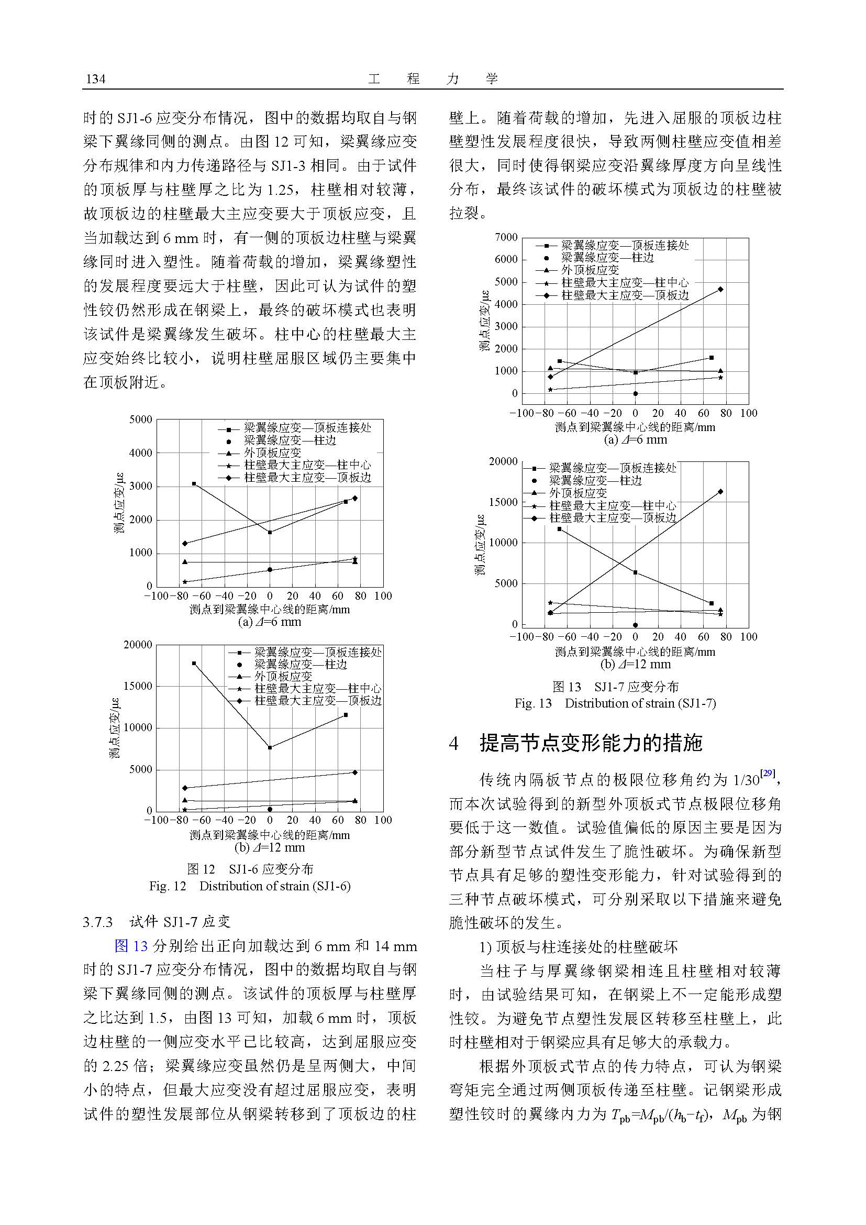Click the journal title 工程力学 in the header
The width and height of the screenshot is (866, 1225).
click(432, 79)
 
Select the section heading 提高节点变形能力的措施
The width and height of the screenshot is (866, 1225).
click(591, 743)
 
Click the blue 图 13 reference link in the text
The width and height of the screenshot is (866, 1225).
click(131, 946)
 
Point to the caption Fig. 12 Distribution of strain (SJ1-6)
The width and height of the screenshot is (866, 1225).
click(250, 886)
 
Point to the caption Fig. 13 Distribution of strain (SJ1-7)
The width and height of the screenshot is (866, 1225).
click(615, 703)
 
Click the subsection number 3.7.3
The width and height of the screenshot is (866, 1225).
click(98, 922)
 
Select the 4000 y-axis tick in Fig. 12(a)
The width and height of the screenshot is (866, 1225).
click(141, 453)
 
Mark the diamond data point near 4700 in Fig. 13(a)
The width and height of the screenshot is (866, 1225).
click(720, 289)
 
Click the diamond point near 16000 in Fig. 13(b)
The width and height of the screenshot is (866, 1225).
click(720, 491)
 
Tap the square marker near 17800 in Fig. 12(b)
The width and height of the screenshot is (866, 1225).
click(194, 663)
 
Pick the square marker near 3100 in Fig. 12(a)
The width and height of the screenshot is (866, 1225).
click(194, 483)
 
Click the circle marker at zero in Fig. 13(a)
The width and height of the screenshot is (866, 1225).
click(635, 394)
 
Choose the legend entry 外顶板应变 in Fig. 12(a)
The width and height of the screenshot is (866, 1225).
click(272, 453)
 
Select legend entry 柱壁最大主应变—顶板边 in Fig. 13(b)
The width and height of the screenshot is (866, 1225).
click(612, 517)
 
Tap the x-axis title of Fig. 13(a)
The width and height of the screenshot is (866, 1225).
click(635, 427)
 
